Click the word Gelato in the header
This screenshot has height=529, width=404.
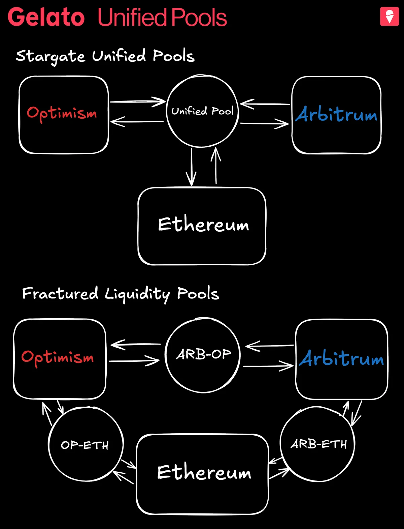46,18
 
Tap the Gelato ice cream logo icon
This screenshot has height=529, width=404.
389,17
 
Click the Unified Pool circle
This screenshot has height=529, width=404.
202,111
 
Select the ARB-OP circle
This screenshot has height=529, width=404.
203,354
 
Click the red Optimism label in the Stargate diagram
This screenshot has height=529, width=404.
62,113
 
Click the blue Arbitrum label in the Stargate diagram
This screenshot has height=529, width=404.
336,115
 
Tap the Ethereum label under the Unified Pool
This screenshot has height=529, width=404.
203,225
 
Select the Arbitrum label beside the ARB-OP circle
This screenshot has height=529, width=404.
341,358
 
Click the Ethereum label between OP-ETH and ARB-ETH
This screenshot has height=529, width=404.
204,472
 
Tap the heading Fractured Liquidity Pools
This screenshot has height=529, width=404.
121,294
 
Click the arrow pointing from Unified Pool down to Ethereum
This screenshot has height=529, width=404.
191,167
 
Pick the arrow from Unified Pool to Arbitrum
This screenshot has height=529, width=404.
264,124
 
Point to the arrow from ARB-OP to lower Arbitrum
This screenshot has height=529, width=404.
268,366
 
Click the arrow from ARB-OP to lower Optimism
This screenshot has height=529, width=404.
136,344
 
